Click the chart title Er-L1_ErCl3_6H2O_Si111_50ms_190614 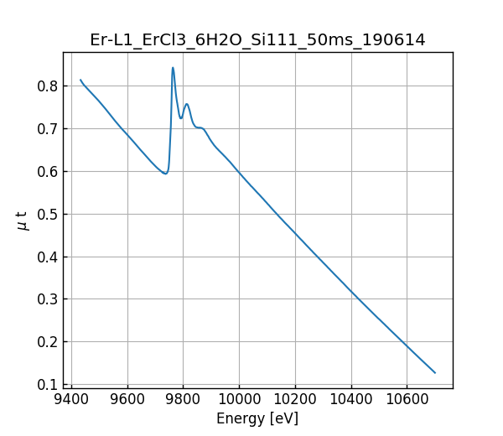coord(257,39)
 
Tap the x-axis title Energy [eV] coord(257,418)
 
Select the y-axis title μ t coord(23,220)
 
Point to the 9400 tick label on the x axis coord(71,400)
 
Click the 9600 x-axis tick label coord(127,400)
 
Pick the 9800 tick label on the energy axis coord(183,400)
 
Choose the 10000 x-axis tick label coord(239,400)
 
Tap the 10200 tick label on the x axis coord(295,400)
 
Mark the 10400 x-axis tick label coord(351,400)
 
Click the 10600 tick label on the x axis coord(407,400)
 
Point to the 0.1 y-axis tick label coord(47,385)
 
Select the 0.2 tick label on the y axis coord(47,342)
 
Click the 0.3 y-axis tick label coord(47,299)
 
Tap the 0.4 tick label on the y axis coord(47,257)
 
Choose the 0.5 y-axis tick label coord(47,214)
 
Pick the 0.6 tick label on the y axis coord(47,171)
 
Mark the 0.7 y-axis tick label coord(47,129)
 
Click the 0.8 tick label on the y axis coord(47,86)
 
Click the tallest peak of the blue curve coord(173,68)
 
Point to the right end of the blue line coord(435,372)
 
